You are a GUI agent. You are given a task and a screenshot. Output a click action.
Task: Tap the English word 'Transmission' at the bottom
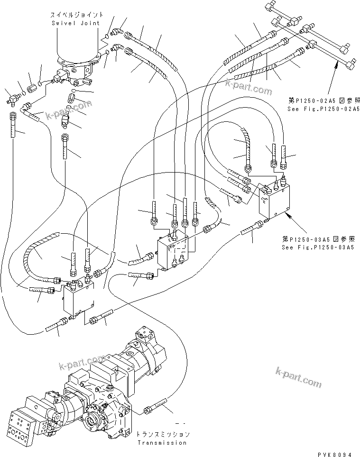162,442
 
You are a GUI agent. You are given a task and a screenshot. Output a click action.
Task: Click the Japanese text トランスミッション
162,434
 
